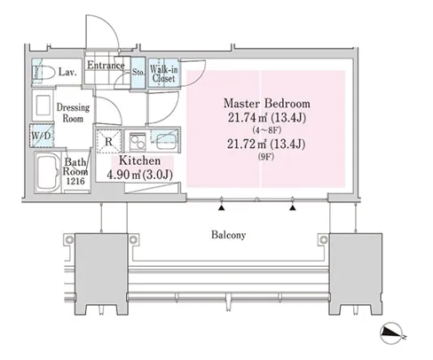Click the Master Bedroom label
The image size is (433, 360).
[267, 104]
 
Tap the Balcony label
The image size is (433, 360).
[228, 235]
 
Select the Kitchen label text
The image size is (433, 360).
[139, 160]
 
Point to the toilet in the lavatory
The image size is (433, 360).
[43, 72]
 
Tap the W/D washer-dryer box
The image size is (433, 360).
[42, 136]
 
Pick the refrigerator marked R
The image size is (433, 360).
[108, 141]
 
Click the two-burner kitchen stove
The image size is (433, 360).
[138, 142]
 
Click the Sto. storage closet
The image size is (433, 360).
[138, 73]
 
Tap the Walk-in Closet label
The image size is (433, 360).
[163, 74]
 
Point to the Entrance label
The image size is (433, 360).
[106, 65]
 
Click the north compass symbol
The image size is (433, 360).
[392, 333]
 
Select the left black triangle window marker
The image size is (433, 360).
[221, 208]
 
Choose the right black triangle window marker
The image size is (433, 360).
[293, 208]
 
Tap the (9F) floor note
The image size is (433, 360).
[266, 157]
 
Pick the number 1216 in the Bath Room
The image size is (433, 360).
[75, 181]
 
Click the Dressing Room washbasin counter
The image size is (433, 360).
[43, 105]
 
